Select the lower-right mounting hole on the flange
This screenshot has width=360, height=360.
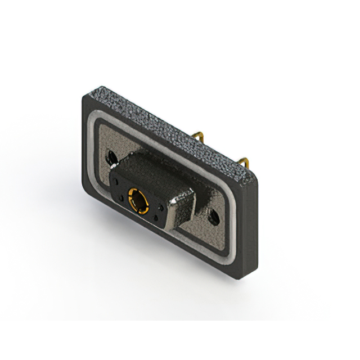click(213, 217)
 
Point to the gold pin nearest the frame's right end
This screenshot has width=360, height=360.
click(244, 163)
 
